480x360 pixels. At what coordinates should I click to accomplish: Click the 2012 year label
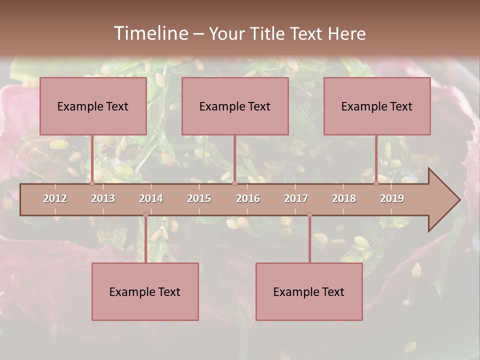[55, 198]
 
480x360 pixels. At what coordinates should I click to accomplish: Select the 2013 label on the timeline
[103, 198]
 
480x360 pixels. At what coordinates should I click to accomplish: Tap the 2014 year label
[151, 198]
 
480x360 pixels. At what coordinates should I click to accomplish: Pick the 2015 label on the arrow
[199, 198]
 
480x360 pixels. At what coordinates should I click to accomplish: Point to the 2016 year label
[248, 198]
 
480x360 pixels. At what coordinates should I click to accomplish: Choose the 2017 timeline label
[296, 198]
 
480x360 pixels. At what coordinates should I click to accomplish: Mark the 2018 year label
[344, 198]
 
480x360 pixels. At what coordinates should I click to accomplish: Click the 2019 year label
[392, 198]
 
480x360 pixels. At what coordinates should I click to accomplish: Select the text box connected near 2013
[93, 106]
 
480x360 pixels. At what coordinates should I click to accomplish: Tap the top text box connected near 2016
[235, 106]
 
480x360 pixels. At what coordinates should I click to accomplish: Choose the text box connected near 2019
[377, 106]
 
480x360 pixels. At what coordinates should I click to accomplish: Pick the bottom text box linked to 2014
[145, 291]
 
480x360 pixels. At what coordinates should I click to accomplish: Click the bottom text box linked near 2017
[309, 291]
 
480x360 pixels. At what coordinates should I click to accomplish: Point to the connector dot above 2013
[92, 183]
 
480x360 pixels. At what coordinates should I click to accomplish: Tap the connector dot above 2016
[234, 183]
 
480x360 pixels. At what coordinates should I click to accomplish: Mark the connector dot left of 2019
[376, 183]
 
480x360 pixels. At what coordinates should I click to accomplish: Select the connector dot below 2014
[145, 215]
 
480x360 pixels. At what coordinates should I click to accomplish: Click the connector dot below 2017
[309, 215]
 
